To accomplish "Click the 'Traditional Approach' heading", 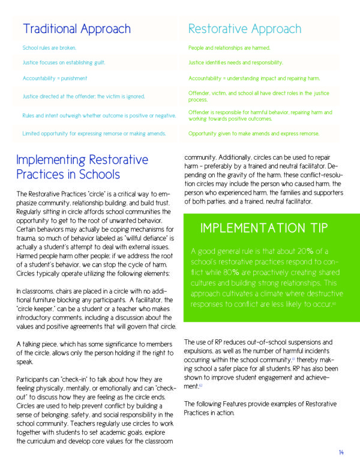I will coord(76,29).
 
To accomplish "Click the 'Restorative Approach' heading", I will coord(244,29).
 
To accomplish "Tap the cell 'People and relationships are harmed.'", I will coord(229,47).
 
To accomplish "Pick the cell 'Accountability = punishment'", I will coord(55,78).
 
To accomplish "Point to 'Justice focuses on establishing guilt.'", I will coord(66,62).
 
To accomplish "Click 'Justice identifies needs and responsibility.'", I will coord(235,62).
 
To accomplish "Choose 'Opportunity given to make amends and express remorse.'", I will coord(254,133).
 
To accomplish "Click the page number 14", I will coord(340,452).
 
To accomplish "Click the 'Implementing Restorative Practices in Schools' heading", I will coord(82,167).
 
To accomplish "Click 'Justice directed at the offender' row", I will coord(83,95).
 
